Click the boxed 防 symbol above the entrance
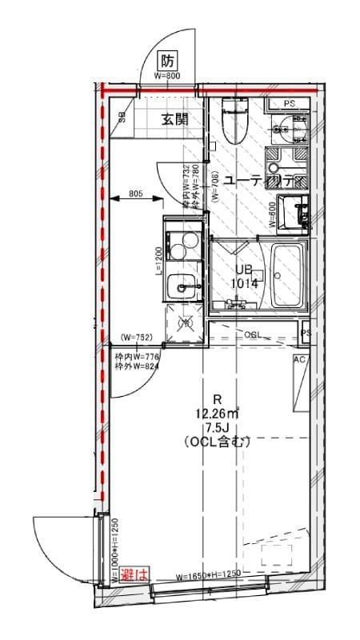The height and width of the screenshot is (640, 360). [x=168, y=60]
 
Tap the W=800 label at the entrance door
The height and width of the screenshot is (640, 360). [x=168, y=76]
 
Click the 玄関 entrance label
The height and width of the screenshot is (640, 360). [x=174, y=120]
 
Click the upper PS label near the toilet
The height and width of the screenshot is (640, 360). [x=289, y=104]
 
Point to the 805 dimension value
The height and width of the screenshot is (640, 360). [x=136, y=193]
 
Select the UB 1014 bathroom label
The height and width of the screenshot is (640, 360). [x=245, y=276]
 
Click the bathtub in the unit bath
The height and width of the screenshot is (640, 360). [x=287, y=277]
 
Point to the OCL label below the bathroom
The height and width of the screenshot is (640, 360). [x=254, y=334]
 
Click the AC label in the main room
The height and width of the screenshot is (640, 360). [x=300, y=360]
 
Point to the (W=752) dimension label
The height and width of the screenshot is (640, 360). [x=137, y=338]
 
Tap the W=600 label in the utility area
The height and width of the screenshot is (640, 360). [x=272, y=214]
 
